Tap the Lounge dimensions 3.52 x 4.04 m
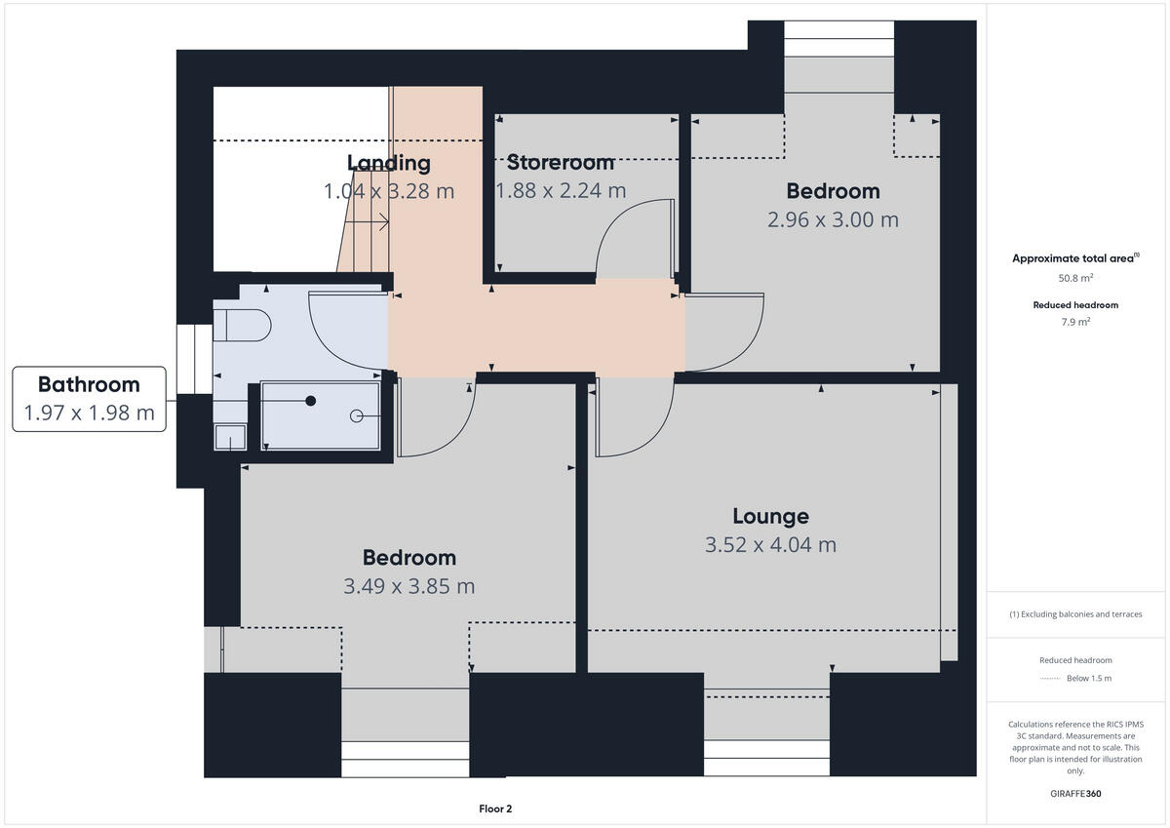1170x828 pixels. click(x=770, y=544)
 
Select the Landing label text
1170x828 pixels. click(x=389, y=163)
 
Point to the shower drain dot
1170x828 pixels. click(x=311, y=401)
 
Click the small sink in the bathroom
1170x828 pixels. click(x=229, y=438)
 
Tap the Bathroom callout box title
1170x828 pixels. click(x=89, y=384)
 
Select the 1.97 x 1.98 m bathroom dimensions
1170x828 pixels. click(x=89, y=413)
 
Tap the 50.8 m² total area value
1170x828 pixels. click(x=1076, y=278)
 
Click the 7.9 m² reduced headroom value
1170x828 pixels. click(x=1076, y=321)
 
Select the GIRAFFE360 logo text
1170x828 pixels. click(x=1076, y=794)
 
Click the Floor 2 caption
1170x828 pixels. click(x=495, y=808)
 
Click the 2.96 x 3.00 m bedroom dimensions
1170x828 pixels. click(x=833, y=219)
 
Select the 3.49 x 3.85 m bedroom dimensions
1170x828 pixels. click(x=409, y=586)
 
